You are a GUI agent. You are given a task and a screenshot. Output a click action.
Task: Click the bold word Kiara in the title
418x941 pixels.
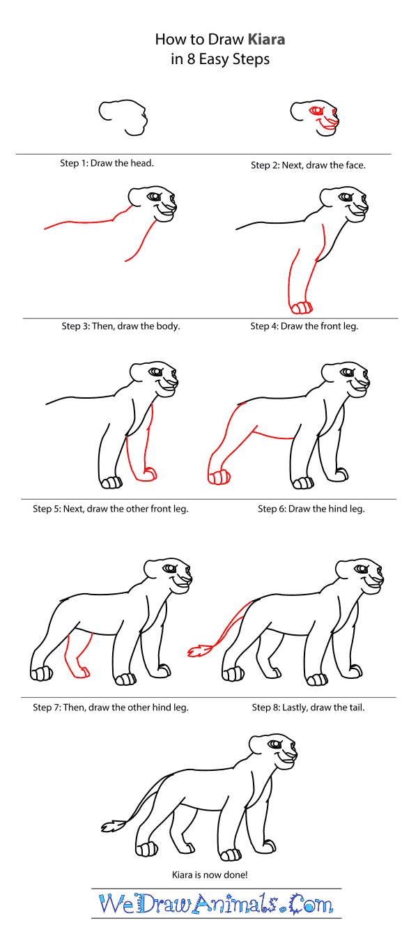point(264,40)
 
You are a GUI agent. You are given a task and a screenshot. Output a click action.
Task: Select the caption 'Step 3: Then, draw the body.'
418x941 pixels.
point(121,326)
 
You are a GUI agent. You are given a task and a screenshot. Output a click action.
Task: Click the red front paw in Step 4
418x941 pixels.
point(301,307)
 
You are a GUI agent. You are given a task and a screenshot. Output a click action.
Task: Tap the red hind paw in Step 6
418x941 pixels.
point(218,477)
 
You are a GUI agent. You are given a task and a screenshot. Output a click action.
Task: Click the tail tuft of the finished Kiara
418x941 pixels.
point(111,827)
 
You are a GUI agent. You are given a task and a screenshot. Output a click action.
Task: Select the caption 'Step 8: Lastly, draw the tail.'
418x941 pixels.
point(309,707)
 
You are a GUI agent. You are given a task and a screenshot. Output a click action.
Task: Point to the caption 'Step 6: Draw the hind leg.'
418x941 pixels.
point(311,509)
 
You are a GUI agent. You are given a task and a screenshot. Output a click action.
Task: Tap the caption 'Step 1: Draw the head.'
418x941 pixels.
point(107,163)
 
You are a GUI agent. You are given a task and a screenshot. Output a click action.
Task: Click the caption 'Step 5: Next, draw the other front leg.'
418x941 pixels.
point(111,509)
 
